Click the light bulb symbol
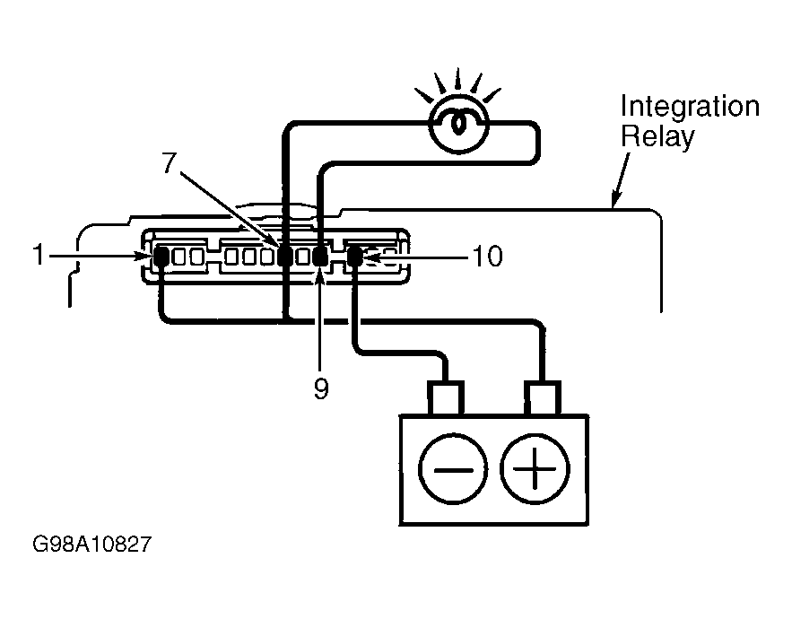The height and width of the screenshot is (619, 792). [459, 123]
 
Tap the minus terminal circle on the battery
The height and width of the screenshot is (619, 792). [453, 469]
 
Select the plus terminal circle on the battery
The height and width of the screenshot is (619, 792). [535, 469]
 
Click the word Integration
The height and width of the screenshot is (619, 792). [690, 107]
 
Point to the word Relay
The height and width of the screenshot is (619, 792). [657, 136]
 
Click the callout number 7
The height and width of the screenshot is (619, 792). [170, 162]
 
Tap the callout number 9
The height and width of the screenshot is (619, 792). [321, 388]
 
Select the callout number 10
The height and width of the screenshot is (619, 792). [487, 257]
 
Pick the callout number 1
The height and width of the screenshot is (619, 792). [39, 255]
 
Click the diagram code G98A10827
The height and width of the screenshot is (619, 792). [91, 545]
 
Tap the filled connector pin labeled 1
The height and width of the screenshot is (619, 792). [161, 257]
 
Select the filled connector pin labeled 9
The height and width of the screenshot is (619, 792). [319, 257]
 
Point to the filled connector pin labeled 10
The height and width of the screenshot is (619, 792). [353, 257]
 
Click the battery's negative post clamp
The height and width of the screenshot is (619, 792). [446, 398]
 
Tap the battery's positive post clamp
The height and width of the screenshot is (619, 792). [542, 398]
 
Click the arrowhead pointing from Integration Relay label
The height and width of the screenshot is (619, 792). [615, 199]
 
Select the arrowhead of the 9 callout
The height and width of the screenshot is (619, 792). [319, 276]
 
